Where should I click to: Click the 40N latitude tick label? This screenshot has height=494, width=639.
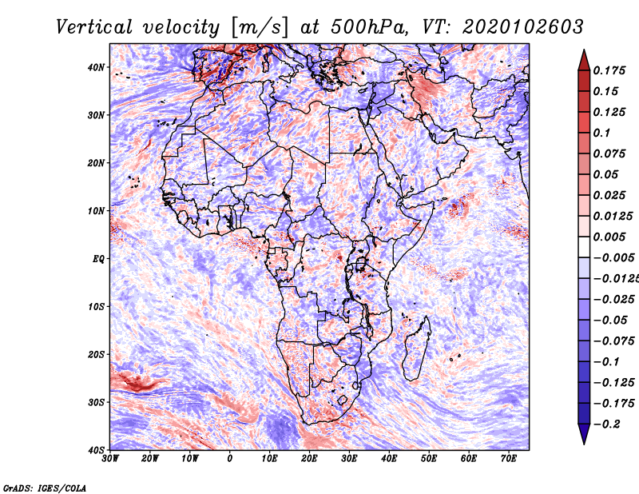click(96, 67)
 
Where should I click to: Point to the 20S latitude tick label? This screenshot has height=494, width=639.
click(96, 354)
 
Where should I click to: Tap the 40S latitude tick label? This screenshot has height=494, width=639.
click(96, 450)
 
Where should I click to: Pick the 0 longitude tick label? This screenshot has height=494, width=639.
click(230, 459)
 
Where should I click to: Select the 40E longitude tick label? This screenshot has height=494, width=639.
click(389, 459)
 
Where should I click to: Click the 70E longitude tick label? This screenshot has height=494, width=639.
click(509, 459)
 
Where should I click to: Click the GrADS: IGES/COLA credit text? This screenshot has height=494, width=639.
click(44, 487)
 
